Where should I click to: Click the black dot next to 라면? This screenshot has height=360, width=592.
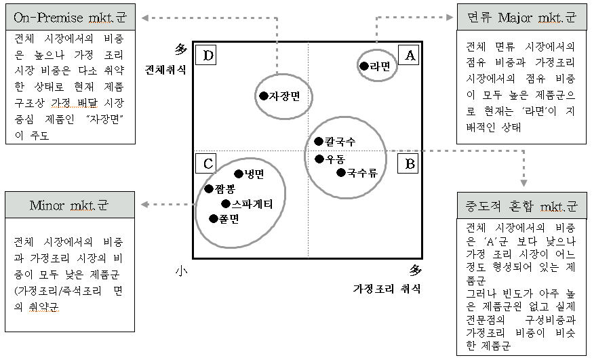pyautogui.click(x=364, y=66)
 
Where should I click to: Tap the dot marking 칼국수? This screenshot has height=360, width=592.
pyautogui.click(x=319, y=141)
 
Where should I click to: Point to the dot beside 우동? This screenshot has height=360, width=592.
pyautogui.click(x=319, y=159)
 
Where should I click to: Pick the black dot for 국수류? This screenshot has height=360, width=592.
pyautogui.click(x=340, y=172)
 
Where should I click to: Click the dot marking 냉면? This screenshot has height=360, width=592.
pyautogui.click(x=238, y=174)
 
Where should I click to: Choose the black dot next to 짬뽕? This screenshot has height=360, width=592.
pyautogui.click(x=210, y=188)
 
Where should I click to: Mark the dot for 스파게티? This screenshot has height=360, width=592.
pyautogui.click(x=226, y=203)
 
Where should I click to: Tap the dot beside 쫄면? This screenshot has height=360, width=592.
pyautogui.click(x=214, y=218)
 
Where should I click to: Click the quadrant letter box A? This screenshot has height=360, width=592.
pyautogui.click(x=409, y=56)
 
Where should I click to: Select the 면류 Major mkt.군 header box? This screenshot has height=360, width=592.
pyautogui.click(x=522, y=17)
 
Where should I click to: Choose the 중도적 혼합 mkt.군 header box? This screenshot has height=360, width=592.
pyautogui.click(x=522, y=205)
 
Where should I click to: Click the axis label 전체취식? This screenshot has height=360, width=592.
pyautogui.click(x=165, y=69)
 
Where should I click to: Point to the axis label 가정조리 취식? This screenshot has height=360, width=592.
pyautogui.click(x=387, y=289)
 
